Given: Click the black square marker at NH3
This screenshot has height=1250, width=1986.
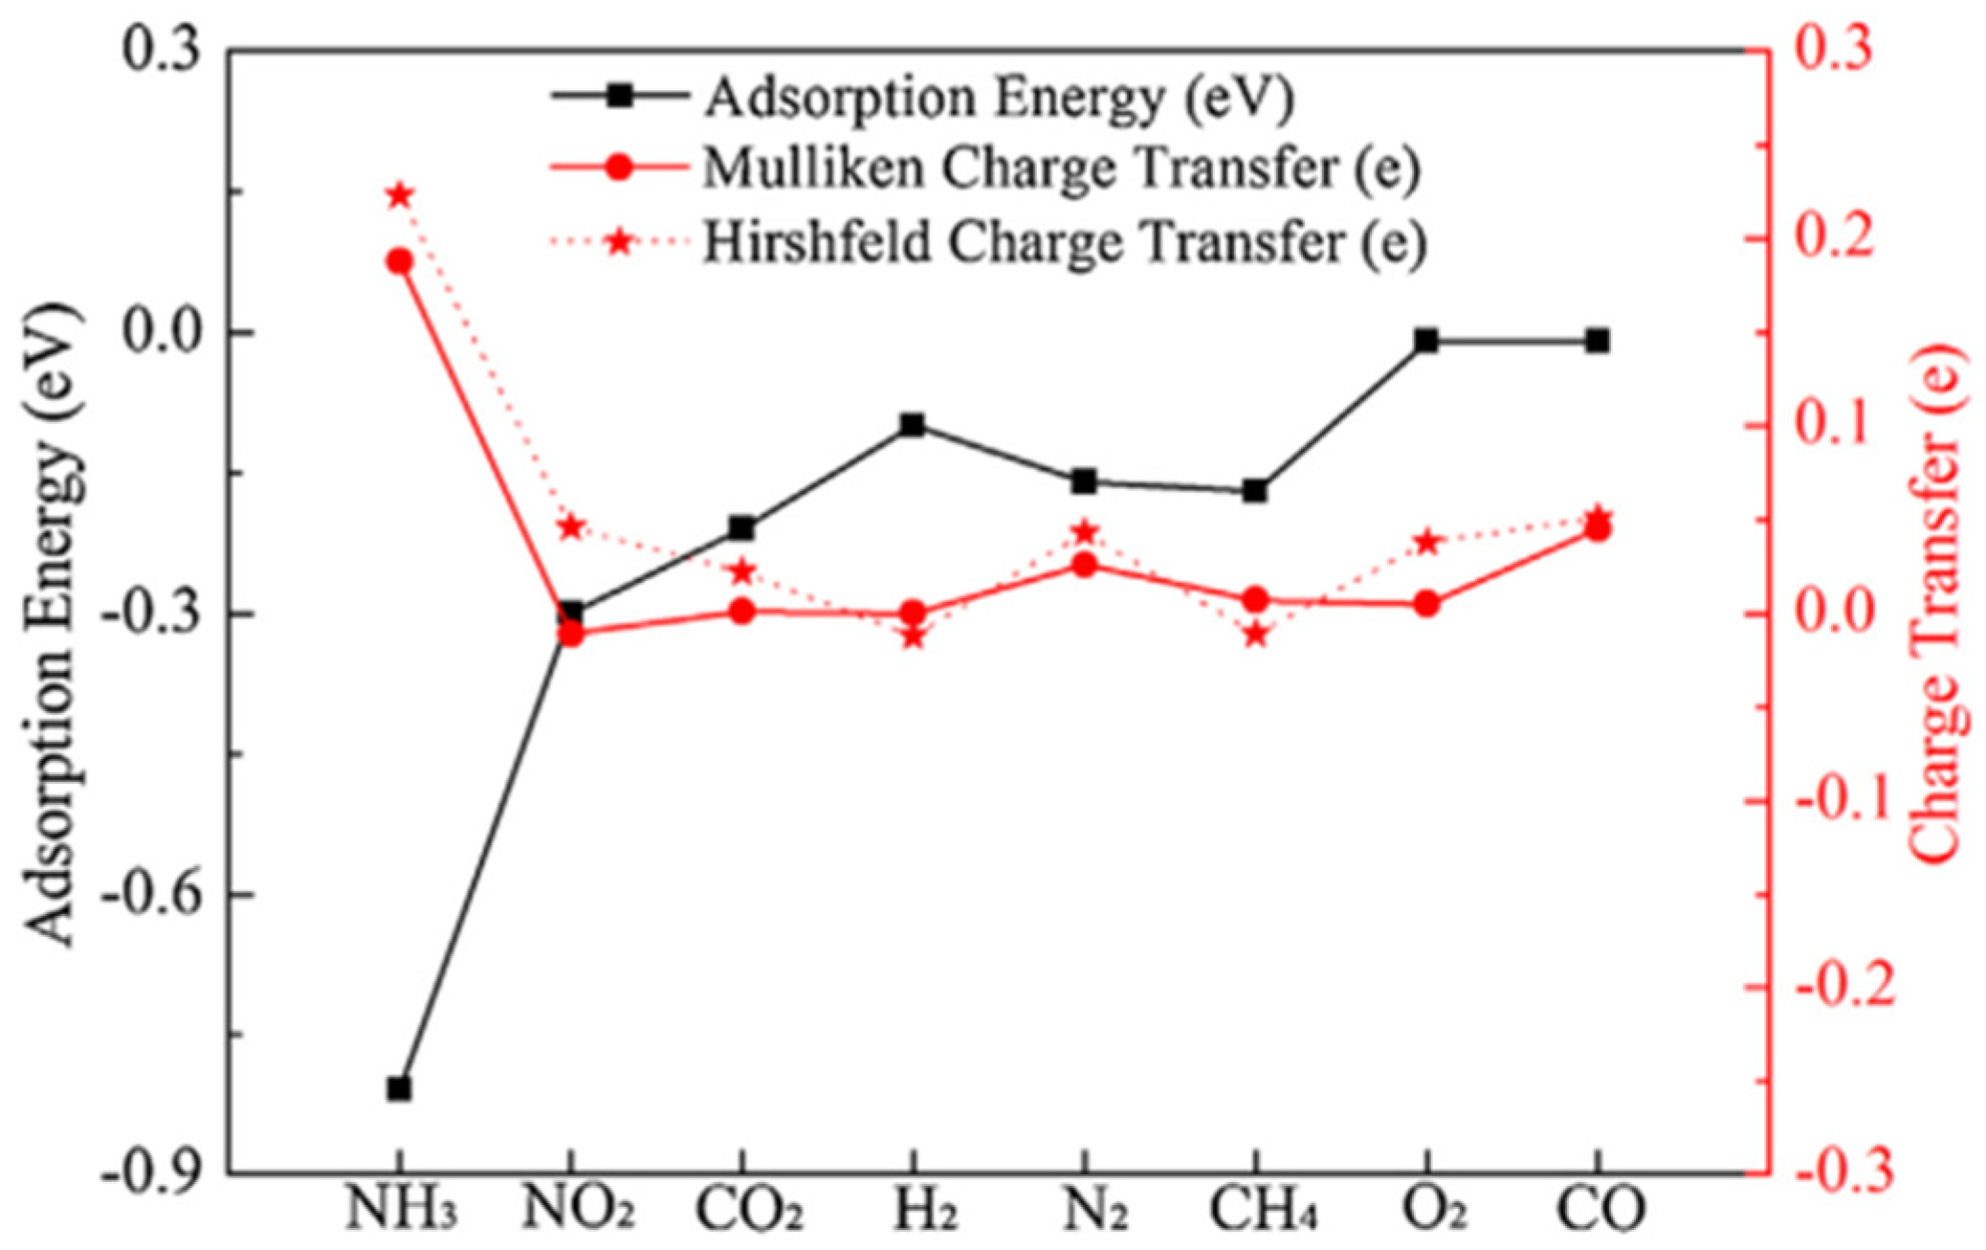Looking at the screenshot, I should point(399,1088).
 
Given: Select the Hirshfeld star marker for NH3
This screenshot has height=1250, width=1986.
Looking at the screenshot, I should point(399,196).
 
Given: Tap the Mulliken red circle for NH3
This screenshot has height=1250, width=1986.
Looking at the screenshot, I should point(399,261).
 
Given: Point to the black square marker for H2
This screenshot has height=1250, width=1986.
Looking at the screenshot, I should point(913,425).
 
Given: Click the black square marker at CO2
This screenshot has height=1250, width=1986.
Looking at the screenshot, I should point(742,527).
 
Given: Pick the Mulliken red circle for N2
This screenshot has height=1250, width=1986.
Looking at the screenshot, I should point(1084,565).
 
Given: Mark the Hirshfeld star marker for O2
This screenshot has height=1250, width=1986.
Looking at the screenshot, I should point(1426,543).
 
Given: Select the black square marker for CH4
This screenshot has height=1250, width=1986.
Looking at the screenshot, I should point(1255,491).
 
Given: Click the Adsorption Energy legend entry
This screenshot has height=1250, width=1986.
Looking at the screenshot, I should point(998,98).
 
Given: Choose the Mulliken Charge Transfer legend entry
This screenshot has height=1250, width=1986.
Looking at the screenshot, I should point(1060,168).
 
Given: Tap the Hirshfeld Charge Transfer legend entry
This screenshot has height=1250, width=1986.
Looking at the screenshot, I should point(1064,241).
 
